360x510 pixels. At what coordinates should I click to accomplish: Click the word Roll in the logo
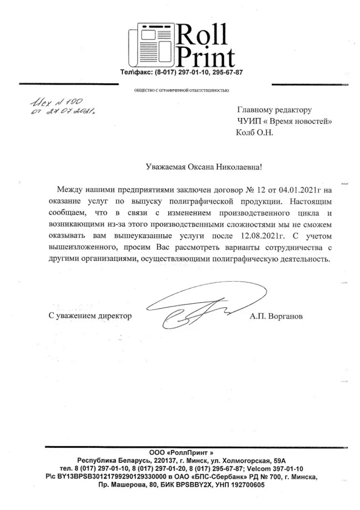pos(202,35)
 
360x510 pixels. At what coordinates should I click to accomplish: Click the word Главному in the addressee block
pos(257,110)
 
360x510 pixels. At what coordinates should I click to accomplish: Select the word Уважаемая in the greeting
pos(166,167)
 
